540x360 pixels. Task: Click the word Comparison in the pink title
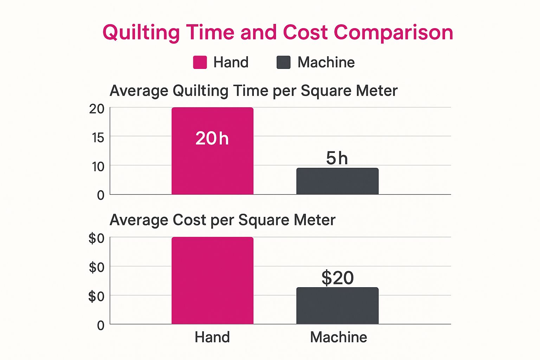pyautogui.click(x=393, y=33)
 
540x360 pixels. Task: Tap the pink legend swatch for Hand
pyautogui.click(x=200, y=63)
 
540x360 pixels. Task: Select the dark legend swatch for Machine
pyautogui.click(x=283, y=63)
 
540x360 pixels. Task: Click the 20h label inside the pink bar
pyautogui.click(x=212, y=138)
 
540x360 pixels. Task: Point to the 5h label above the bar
pyautogui.click(x=337, y=158)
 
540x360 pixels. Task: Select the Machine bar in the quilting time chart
pyautogui.click(x=337, y=181)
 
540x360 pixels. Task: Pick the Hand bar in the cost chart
pyautogui.click(x=212, y=281)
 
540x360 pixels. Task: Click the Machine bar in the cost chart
pyautogui.click(x=337, y=306)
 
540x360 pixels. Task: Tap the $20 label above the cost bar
pyautogui.click(x=337, y=278)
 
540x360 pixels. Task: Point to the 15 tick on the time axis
pyautogui.click(x=98, y=137)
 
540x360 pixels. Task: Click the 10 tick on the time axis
pyautogui.click(x=98, y=167)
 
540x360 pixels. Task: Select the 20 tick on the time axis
pyautogui.click(x=97, y=109)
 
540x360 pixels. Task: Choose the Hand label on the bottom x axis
pyautogui.click(x=212, y=337)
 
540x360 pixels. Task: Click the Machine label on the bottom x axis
pyautogui.click(x=339, y=337)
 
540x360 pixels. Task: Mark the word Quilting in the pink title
pyautogui.click(x=141, y=33)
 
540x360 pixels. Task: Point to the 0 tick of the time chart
pyautogui.click(x=101, y=195)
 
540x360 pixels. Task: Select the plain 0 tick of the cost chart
pyautogui.click(x=101, y=326)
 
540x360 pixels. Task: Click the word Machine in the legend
pyautogui.click(x=326, y=63)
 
